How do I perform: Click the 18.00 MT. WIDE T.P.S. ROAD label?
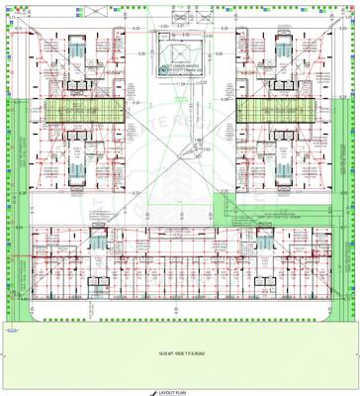click(179, 353)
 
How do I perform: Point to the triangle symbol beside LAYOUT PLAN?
click(155, 390)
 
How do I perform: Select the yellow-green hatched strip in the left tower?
click(83, 110)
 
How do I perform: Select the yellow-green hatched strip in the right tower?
click(274, 110)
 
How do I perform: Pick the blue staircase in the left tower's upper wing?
click(78, 51)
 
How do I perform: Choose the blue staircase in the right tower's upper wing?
click(280, 51)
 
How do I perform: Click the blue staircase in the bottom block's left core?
click(98, 242)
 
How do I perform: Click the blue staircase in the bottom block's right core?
click(265, 242)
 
